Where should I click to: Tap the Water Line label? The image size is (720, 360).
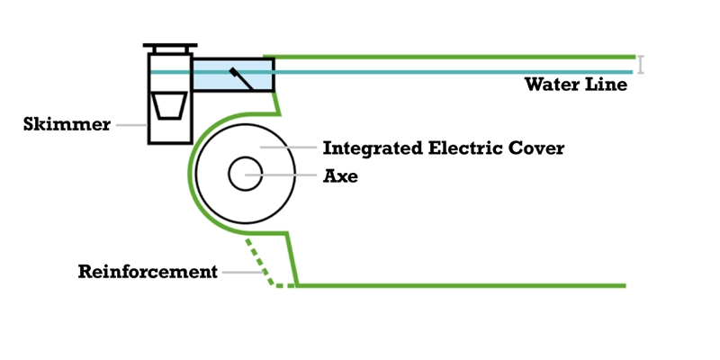click(x=576, y=86)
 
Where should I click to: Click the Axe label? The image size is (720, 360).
click(x=340, y=176)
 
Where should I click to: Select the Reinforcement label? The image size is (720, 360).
click(x=148, y=271)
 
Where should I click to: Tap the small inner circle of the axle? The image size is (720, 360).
click(x=243, y=174)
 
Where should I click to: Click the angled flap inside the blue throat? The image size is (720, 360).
click(x=241, y=78)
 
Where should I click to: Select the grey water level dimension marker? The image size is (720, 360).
click(x=641, y=64)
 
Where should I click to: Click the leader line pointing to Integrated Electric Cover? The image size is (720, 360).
click(x=288, y=147)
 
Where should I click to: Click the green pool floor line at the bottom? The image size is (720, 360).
click(x=459, y=285)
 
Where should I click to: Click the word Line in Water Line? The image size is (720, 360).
click(x=607, y=86)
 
